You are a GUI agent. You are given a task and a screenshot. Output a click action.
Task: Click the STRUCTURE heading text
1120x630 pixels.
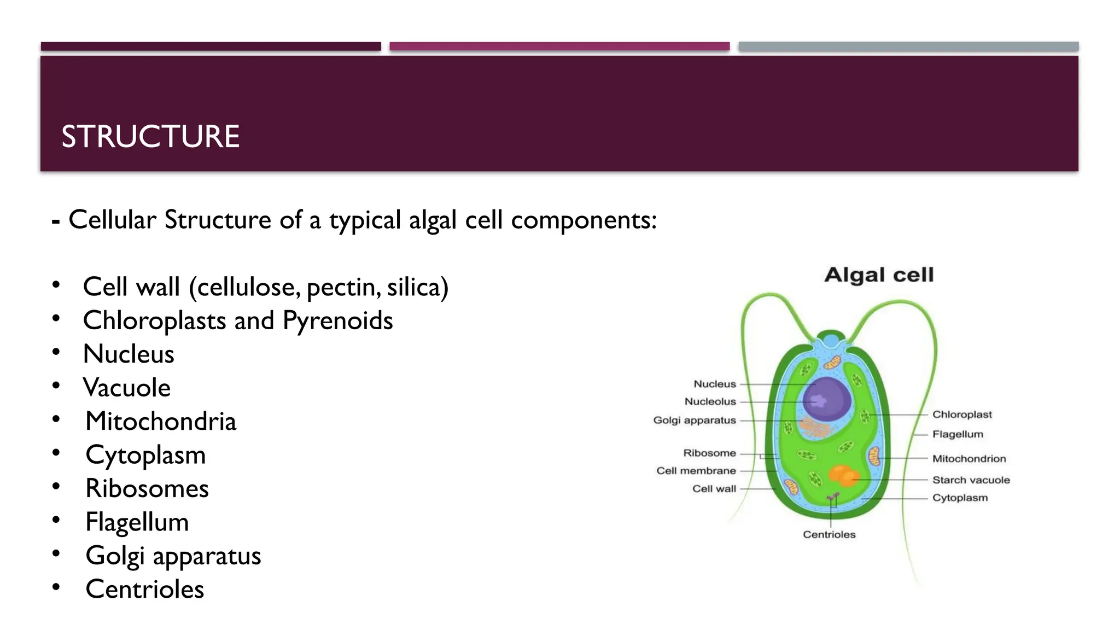[x=150, y=137]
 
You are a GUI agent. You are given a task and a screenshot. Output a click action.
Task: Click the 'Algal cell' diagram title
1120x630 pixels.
[x=879, y=275]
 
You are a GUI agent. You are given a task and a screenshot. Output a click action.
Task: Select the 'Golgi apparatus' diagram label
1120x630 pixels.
[x=695, y=421]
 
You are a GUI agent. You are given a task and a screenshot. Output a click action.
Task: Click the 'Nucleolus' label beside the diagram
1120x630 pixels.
[x=710, y=401]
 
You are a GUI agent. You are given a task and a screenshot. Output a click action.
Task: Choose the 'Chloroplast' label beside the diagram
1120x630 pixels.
[x=962, y=415]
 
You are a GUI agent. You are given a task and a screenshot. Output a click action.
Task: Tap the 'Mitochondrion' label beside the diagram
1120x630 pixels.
[x=969, y=459]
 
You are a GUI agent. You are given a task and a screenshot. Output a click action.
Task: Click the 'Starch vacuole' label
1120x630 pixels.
[x=971, y=480]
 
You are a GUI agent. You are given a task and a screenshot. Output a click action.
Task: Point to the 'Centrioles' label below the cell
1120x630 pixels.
[x=829, y=535]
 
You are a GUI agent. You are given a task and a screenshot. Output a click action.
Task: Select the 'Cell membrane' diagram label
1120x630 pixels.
[x=696, y=471]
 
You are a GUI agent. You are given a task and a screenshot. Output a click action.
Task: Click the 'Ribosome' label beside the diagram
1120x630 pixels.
[x=709, y=453]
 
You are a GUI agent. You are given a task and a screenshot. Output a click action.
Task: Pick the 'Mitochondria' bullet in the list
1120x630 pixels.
[x=161, y=422]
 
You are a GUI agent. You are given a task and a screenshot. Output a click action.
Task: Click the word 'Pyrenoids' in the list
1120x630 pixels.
[x=337, y=321]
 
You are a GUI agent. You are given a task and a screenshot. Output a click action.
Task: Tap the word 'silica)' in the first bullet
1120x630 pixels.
[x=418, y=288]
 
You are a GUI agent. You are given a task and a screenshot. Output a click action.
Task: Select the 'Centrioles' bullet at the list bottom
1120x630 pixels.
[x=145, y=590]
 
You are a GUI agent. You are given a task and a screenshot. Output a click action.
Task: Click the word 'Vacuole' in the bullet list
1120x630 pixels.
[x=127, y=388]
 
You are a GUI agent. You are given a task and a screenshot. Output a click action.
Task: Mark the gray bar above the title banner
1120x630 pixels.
[x=908, y=46]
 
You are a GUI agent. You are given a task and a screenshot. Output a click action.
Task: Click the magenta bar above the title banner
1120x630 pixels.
[x=559, y=46]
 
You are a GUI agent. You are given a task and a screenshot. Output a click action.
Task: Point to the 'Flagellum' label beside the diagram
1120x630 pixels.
[x=958, y=434]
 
